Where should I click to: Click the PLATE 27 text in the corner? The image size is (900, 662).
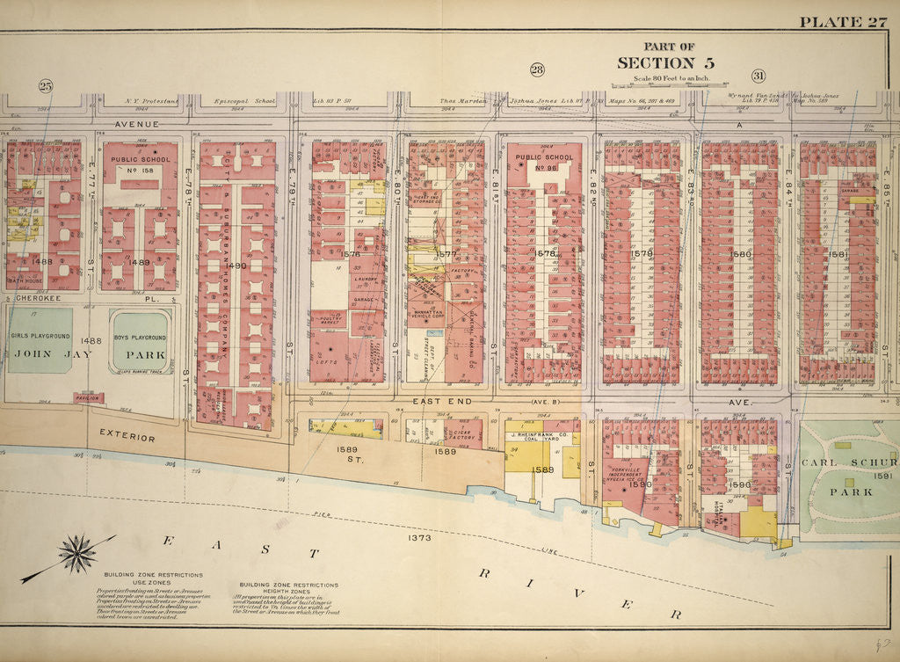(842, 22)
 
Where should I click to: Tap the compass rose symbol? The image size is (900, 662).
(76, 554)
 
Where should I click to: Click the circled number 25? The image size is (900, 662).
(46, 85)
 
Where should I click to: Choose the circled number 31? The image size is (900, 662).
(758, 76)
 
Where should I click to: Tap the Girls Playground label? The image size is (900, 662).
(40, 337)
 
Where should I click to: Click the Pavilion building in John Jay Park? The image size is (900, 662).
(89, 398)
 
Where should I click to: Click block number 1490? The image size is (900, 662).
(236, 265)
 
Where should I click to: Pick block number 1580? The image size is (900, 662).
(741, 255)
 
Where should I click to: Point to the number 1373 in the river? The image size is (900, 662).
(419, 535)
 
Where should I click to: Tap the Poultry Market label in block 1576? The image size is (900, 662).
(328, 322)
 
